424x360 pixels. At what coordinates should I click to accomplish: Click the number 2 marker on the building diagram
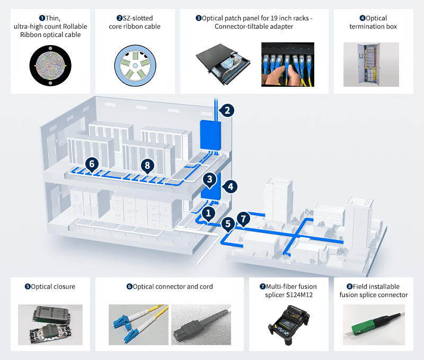226,110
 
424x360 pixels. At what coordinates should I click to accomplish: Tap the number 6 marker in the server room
92,164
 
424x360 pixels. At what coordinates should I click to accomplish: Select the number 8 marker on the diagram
148,166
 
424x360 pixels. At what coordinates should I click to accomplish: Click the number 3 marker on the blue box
210,179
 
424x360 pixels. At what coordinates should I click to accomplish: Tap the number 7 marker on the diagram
243,217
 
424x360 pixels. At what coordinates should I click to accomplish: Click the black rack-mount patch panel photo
223,65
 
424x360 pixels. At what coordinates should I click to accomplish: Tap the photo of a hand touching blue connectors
287,65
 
